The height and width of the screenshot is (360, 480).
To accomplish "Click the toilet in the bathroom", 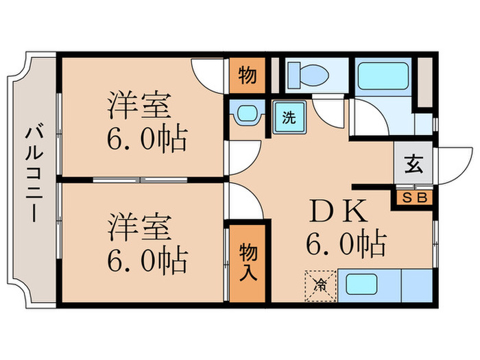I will (x=302, y=74).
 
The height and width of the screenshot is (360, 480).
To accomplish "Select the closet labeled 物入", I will (x=247, y=263).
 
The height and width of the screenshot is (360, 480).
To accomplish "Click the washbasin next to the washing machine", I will (x=245, y=115).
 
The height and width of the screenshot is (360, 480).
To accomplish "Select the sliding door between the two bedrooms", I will (x=141, y=180).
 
